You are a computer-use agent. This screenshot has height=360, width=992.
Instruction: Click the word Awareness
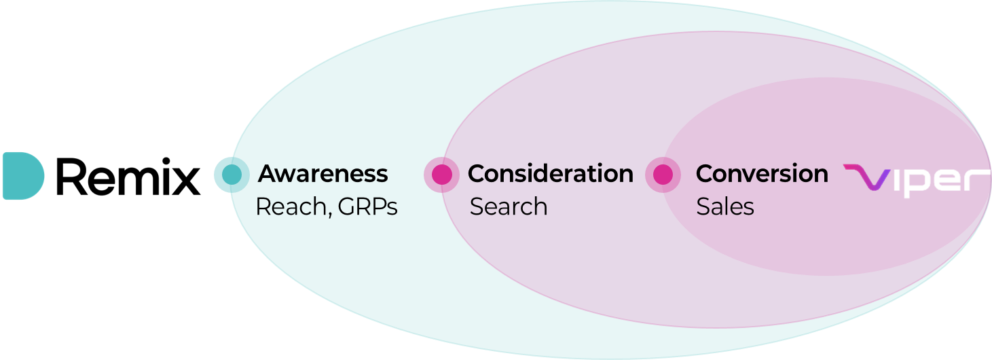point(323,174)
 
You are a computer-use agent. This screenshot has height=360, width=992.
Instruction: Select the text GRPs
point(367,206)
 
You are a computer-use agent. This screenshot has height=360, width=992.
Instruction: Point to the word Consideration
point(550,174)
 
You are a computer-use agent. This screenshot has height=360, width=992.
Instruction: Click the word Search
point(509,206)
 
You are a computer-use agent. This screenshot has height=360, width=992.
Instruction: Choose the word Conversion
point(762,174)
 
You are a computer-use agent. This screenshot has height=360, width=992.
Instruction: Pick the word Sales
point(725,206)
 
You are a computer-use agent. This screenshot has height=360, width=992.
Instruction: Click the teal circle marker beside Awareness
point(229,175)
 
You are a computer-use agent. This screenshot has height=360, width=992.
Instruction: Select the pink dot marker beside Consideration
point(441,175)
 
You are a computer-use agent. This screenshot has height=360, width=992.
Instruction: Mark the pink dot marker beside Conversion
point(663,175)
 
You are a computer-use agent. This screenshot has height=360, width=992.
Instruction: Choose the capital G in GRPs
point(347,206)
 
